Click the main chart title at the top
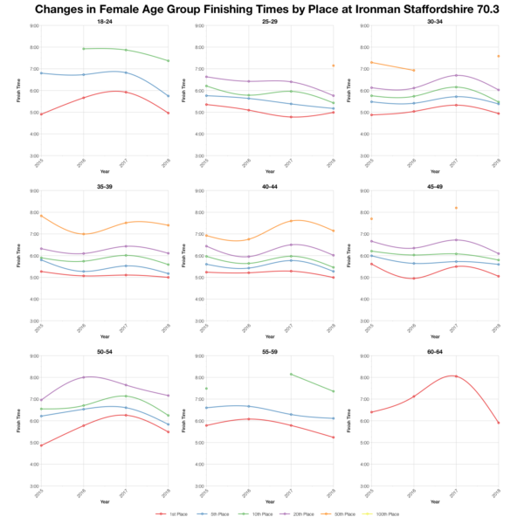(x=262, y=10)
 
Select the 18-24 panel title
(x=104, y=20)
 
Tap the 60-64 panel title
(x=435, y=350)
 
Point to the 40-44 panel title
(x=269, y=185)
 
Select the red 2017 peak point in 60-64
(x=456, y=376)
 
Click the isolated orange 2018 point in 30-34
(x=498, y=56)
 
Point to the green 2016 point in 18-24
(x=82, y=49)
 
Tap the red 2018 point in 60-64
(x=498, y=423)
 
